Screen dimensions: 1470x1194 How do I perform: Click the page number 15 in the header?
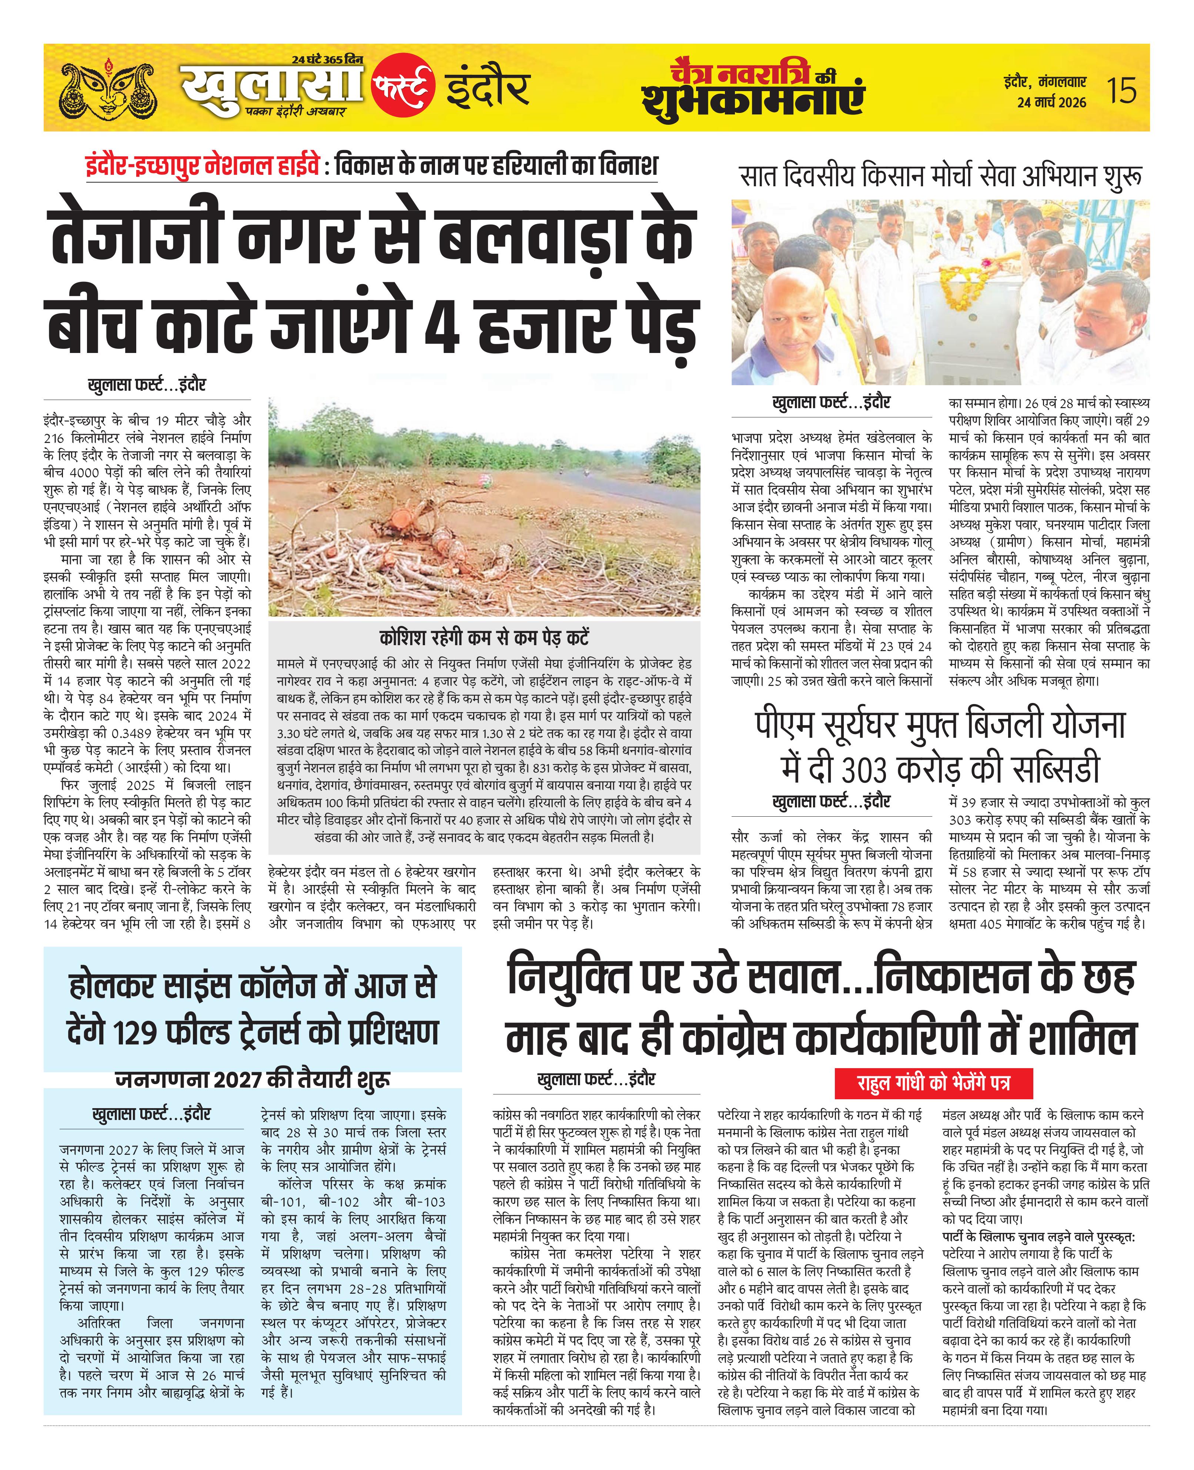(x=1121, y=90)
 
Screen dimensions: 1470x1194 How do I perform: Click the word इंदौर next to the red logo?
(x=487, y=88)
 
